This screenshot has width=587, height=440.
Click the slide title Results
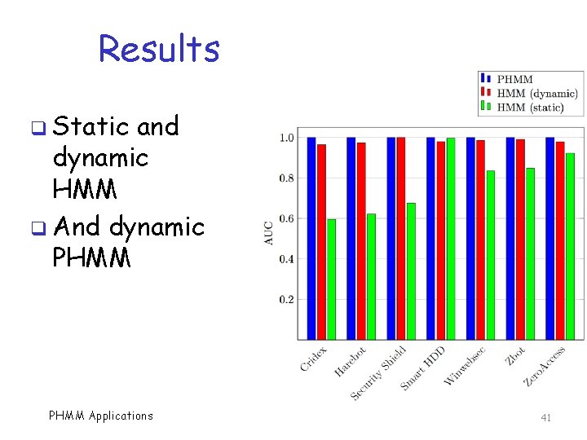pyautogui.click(x=159, y=49)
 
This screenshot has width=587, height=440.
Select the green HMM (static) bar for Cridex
pyautogui.click(x=331, y=279)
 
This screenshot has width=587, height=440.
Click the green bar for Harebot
pyautogui.click(x=371, y=276)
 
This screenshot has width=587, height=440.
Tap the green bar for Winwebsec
pyautogui.click(x=490, y=254)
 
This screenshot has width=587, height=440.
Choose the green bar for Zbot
pyautogui.click(x=530, y=253)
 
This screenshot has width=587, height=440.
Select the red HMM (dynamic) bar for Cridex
pyautogui.click(x=321, y=241)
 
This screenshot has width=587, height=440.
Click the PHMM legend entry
pyautogui.click(x=514, y=79)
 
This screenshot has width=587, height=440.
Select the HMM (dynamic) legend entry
pyautogui.click(x=536, y=93)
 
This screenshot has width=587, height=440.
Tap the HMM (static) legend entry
pyautogui.click(x=530, y=107)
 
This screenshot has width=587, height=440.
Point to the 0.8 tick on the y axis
pyautogui.click(x=286, y=178)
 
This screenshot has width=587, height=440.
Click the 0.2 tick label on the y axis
pyautogui.click(x=286, y=300)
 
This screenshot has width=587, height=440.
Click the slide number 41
pyautogui.click(x=546, y=417)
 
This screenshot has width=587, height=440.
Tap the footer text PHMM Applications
pyautogui.click(x=101, y=416)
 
